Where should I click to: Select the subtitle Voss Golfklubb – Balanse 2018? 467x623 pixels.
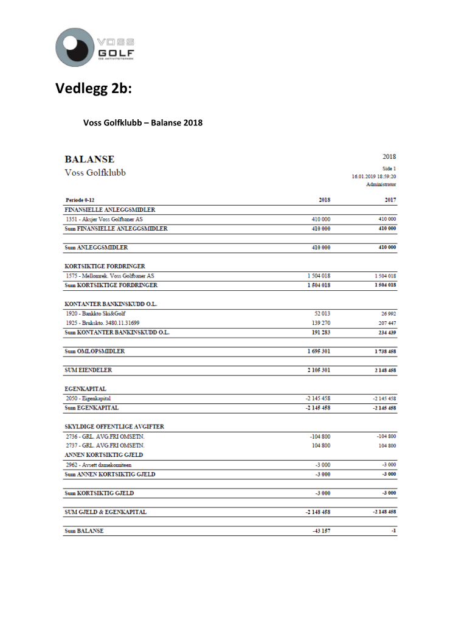coord(143,123)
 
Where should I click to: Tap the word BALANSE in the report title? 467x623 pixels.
coord(89,159)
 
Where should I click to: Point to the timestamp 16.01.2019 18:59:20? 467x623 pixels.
coord(374,176)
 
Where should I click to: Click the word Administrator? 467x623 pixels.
coord(381,184)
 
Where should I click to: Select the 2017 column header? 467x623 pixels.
coord(390,200)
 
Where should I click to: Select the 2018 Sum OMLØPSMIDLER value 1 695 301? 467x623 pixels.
coord(317,352)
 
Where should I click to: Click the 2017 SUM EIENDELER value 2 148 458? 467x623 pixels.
coord(384,371)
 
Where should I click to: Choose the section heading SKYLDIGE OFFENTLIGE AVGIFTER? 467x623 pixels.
coord(115,426)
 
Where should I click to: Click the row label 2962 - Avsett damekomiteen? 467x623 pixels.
coord(99,465)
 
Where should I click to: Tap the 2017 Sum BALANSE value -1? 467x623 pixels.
coord(393,531)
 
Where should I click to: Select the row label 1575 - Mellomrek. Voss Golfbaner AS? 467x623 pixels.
coord(109,276)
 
